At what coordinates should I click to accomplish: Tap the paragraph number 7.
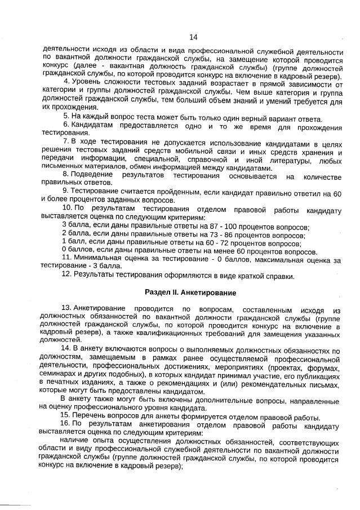pos(66,139)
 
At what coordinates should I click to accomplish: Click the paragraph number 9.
pos(66,192)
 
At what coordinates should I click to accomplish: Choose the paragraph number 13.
pos(66,309)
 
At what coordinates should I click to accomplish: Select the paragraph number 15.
pos(66,418)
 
